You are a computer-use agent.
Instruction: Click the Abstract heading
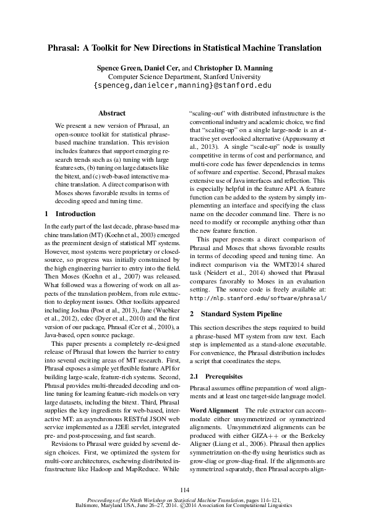[x=112, y=113]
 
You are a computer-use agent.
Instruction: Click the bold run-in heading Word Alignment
[x=213, y=411]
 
